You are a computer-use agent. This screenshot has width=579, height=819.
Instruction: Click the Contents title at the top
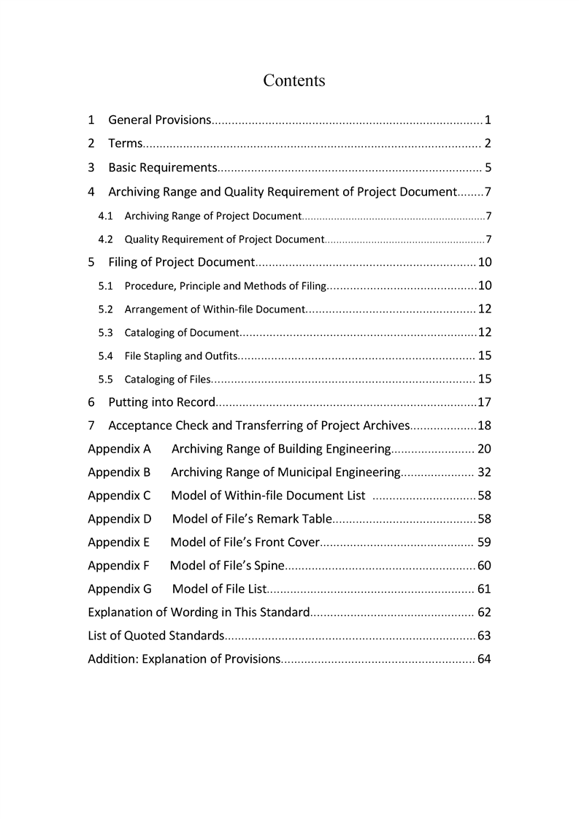tap(294, 80)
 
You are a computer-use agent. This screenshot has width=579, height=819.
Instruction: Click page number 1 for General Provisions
tap(487, 120)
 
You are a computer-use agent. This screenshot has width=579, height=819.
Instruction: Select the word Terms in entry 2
tap(125, 144)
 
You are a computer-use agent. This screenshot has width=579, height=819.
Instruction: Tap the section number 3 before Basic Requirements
tap(91, 168)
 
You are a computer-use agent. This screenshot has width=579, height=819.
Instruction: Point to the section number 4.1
tap(105, 216)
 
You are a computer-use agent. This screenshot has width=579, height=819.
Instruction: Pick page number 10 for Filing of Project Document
tap(484, 263)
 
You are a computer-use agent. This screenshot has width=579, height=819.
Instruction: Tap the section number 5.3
tap(105, 333)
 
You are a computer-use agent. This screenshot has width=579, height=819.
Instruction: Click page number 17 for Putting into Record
tap(484, 402)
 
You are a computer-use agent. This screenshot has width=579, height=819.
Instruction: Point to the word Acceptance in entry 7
tap(139, 426)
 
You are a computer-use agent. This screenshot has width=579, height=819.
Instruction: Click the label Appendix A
tap(119, 449)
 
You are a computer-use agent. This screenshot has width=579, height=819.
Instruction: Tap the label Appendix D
tap(120, 519)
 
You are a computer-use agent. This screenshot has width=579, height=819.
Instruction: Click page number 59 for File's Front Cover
tap(484, 542)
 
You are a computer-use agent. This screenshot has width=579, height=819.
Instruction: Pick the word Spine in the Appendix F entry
tap(267, 566)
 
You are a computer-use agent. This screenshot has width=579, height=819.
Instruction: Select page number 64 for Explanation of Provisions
tap(484, 659)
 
